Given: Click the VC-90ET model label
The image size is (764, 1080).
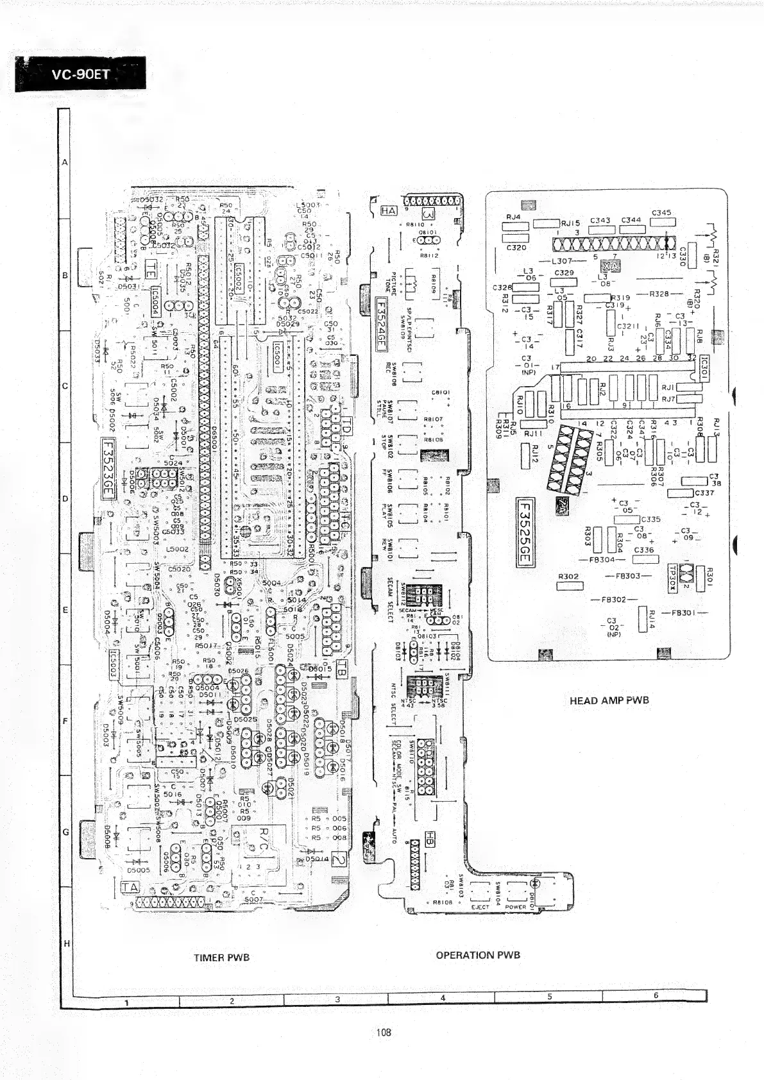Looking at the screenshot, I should click(81, 74).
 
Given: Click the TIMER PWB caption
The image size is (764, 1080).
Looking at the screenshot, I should click(221, 958).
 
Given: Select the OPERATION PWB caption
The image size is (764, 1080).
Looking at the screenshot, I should click(478, 955).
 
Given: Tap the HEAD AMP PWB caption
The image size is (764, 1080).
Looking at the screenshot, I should click(609, 700).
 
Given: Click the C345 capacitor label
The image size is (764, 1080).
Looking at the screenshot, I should click(661, 212).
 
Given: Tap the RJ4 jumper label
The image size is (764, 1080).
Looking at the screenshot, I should click(513, 217).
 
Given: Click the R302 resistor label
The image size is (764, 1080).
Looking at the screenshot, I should click(568, 577).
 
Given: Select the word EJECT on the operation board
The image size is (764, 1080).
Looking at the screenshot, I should click(480, 907).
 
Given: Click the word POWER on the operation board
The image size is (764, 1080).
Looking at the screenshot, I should click(516, 907).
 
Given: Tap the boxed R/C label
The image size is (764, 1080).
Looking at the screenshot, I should click(264, 834).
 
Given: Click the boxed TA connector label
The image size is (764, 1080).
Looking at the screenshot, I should click(130, 886).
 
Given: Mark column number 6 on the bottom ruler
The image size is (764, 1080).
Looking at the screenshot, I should click(656, 995).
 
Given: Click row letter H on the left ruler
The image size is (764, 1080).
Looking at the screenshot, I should click(65, 944).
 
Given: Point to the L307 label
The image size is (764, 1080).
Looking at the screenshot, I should click(561, 261).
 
